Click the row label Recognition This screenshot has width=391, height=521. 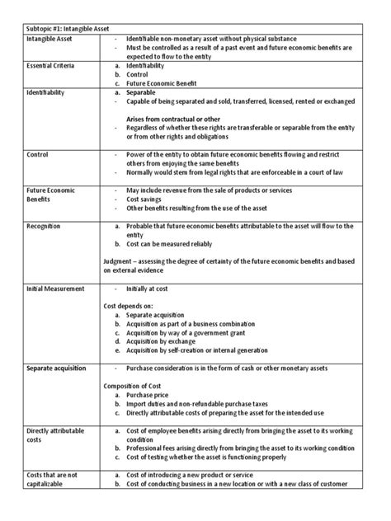tap(44, 225)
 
